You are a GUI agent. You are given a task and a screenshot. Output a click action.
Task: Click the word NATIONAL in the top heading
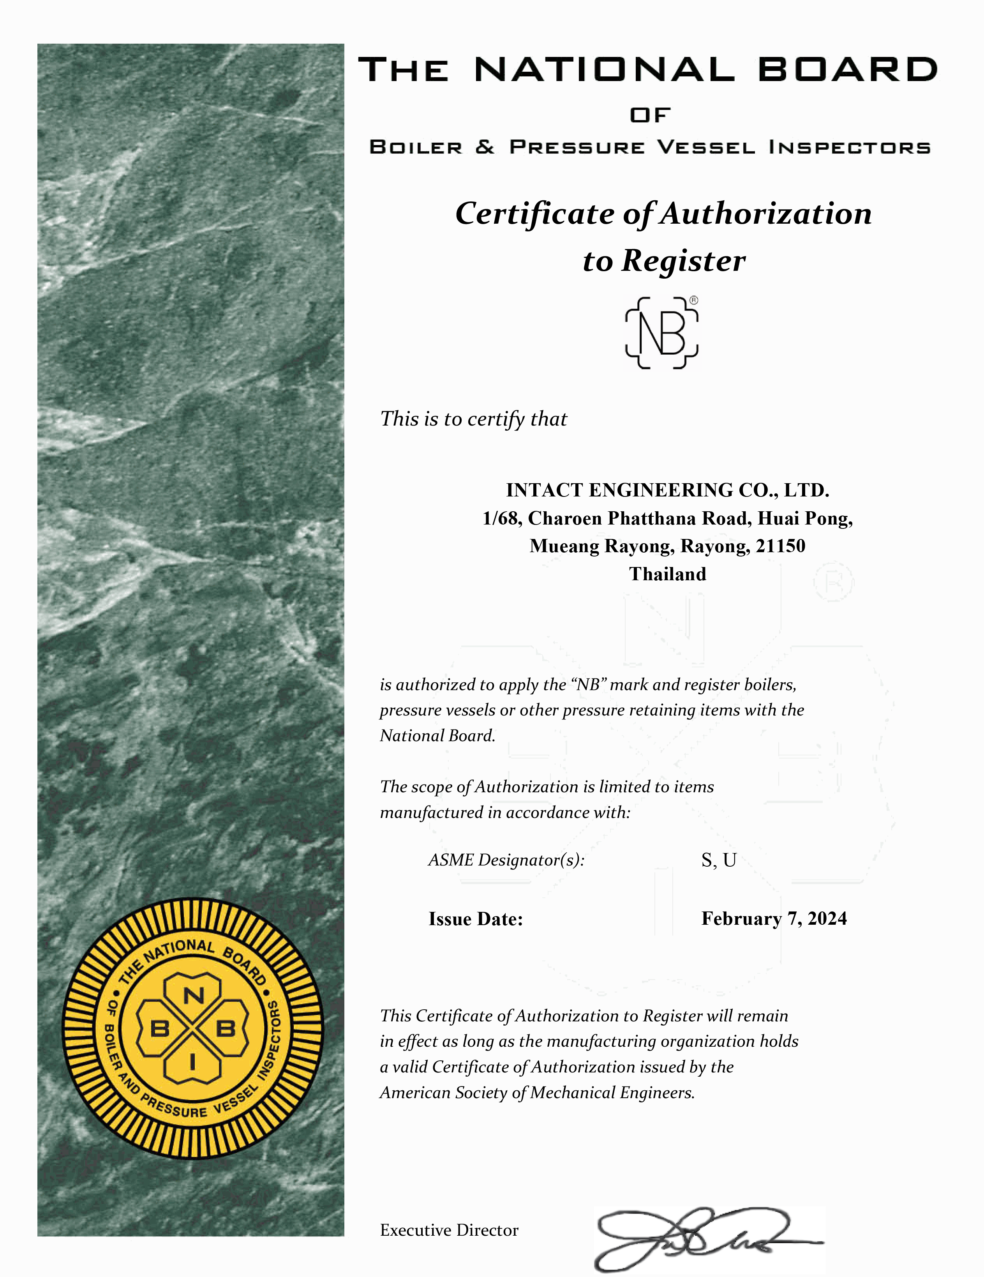pyautogui.click(x=604, y=70)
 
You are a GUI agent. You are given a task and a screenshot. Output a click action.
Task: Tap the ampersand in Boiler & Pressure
pyautogui.click(x=485, y=147)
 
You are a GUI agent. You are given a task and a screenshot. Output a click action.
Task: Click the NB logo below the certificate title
pyautogui.click(x=661, y=333)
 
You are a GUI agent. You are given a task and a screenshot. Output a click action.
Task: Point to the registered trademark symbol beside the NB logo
pyautogui.click(x=693, y=300)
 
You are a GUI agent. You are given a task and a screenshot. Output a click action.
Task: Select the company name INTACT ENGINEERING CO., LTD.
pyautogui.click(x=667, y=490)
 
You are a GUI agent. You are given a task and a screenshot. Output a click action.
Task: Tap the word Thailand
pyautogui.click(x=667, y=574)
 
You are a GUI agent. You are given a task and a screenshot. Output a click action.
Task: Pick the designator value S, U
pyautogui.click(x=719, y=860)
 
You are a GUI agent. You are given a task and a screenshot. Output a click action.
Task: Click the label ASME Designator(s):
pyautogui.click(x=506, y=860)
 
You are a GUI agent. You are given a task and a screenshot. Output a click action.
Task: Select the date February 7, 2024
pyautogui.click(x=774, y=918)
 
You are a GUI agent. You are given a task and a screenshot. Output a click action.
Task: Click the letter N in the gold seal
pyautogui.click(x=193, y=996)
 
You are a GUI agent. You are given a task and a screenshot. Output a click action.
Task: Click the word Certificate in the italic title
pyautogui.click(x=534, y=214)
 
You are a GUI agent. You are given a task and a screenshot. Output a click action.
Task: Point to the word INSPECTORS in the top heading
pyautogui.click(x=849, y=147)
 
